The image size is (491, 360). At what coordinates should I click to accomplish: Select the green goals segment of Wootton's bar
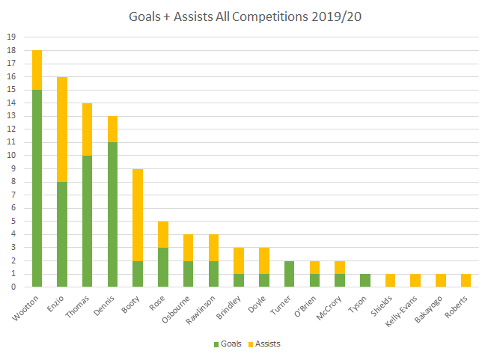(x=37, y=187)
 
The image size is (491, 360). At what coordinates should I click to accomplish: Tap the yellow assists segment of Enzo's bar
(x=62, y=129)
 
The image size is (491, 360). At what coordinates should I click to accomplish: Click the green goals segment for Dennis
(x=113, y=213)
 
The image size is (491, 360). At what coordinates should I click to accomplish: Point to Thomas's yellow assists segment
(x=88, y=129)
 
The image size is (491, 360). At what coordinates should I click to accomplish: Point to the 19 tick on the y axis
(x=10, y=37)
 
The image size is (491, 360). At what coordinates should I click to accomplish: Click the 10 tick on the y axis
(x=10, y=155)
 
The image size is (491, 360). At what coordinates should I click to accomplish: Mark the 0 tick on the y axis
(x=13, y=287)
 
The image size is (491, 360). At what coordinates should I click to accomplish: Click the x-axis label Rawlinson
(x=204, y=308)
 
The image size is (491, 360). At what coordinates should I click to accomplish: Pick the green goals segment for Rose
(x=164, y=266)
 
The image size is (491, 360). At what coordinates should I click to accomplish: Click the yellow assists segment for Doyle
(x=265, y=260)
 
